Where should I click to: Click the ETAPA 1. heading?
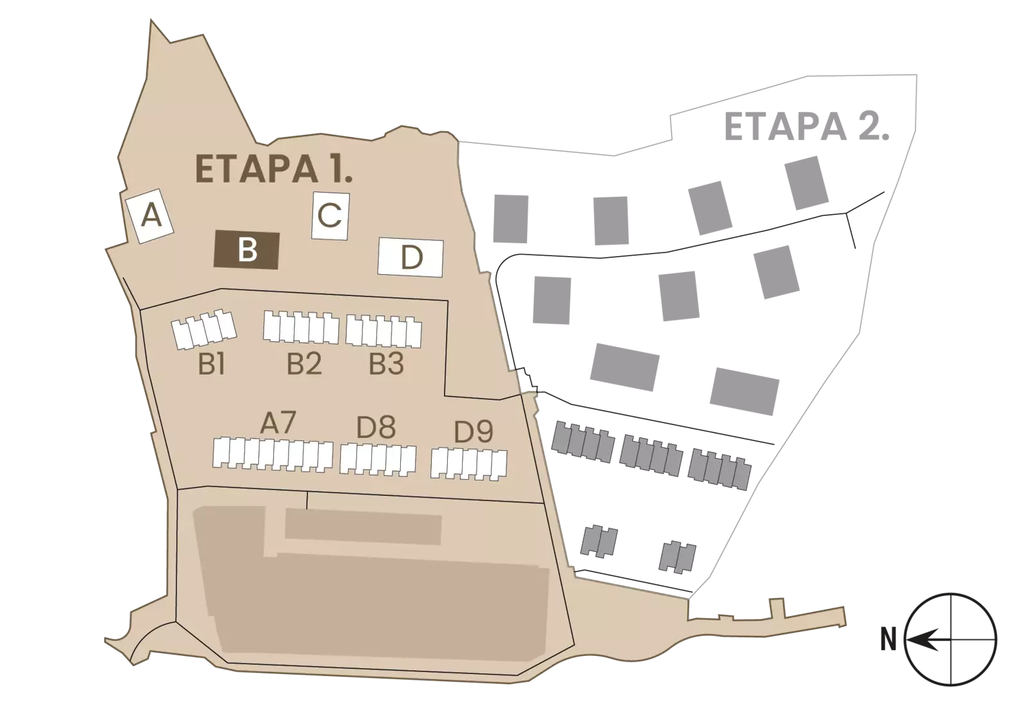pyautogui.click(x=274, y=168)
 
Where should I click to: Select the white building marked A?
pyautogui.click(x=149, y=216)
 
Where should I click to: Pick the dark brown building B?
pyautogui.click(x=247, y=250)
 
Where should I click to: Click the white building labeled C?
pyautogui.click(x=331, y=215)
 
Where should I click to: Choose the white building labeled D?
pyautogui.click(x=410, y=257)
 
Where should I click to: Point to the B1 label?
pyautogui.click(x=211, y=366)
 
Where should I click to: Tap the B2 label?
pyautogui.click(x=304, y=364)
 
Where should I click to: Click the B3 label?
pyautogui.click(x=387, y=364)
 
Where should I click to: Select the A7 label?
pyautogui.click(x=278, y=422)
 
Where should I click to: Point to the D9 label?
pyautogui.click(x=474, y=431)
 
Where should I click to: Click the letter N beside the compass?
pyautogui.click(x=889, y=640)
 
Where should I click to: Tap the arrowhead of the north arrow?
pyautogui.click(x=915, y=640)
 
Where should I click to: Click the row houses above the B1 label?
pyautogui.click(x=204, y=329)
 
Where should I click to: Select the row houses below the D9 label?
pyautogui.click(x=469, y=464)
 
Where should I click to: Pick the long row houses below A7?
pyautogui.click(x=273, y=454)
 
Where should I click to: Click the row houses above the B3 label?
pyautogui.click(x=384, y=332)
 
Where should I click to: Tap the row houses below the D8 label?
pyautogui.click(x=378, y=459)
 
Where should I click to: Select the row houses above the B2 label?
pyautogui.click(x=301, y=327)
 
